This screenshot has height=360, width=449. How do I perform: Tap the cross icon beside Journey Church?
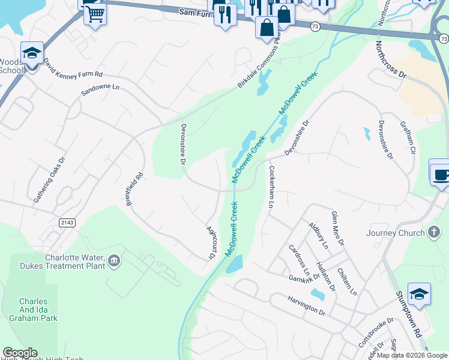[x=434, y=233]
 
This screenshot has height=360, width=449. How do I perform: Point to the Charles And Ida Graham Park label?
[x=38, y=310]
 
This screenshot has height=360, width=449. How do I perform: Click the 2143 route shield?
[x=67, y=223]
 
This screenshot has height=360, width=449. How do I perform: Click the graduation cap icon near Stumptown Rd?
[x=419, y=294]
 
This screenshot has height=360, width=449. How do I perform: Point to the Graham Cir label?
[x=408, y=138]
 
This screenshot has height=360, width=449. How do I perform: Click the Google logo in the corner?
[x=20, y=353]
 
